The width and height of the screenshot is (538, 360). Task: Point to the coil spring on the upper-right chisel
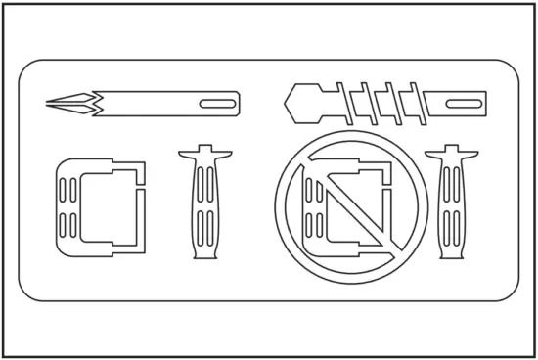pyautogui.click(x=381, y=100)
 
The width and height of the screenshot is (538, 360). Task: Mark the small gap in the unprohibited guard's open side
pyautogui.click(x=142, y=187)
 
